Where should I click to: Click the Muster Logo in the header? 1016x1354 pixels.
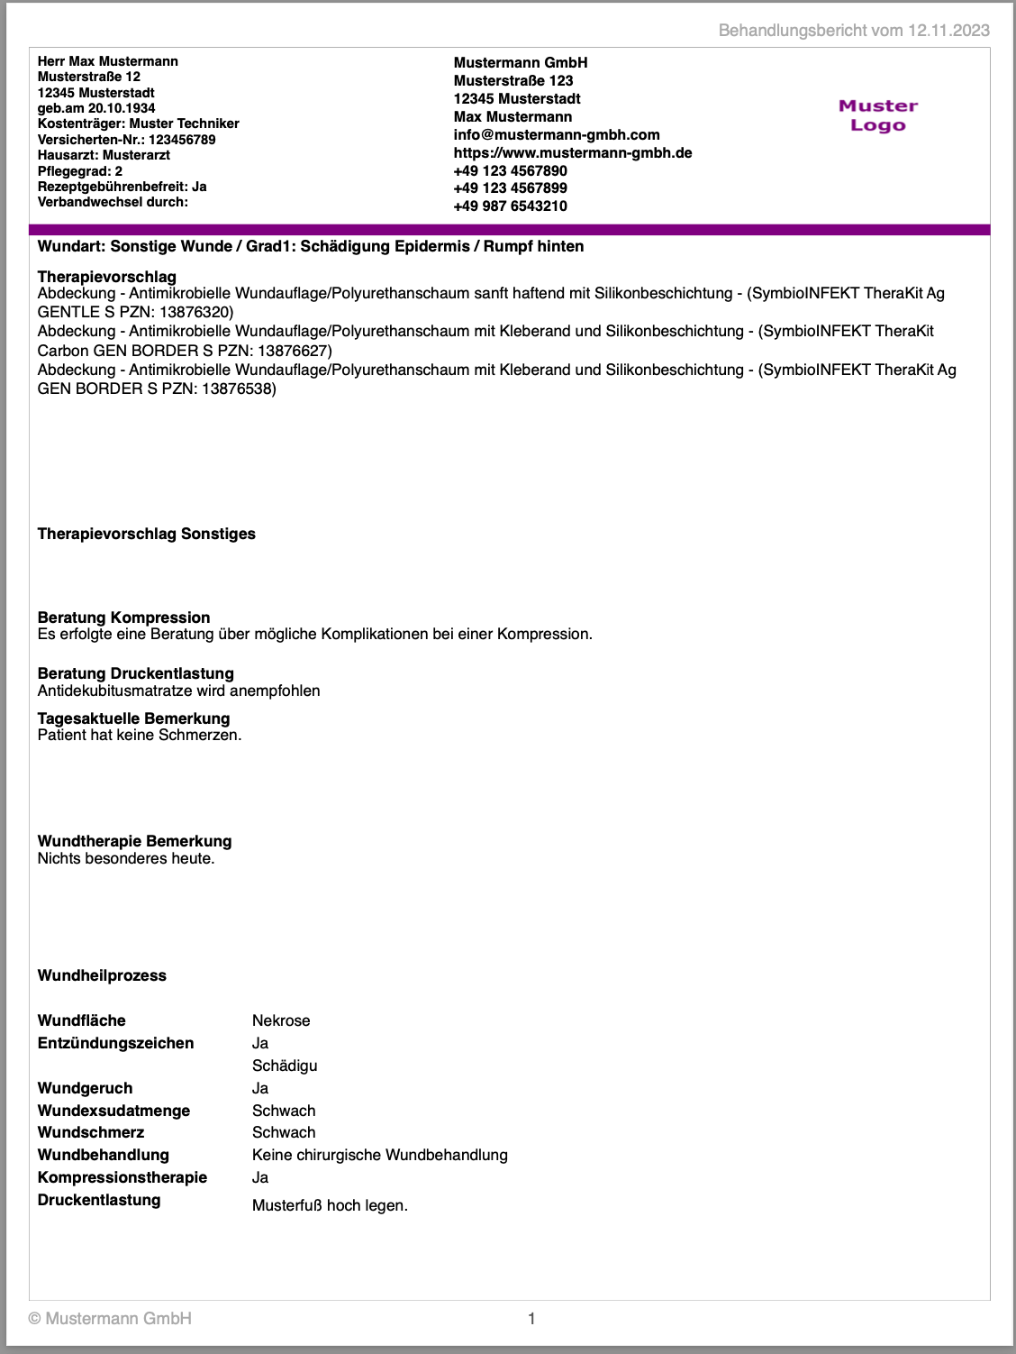877,115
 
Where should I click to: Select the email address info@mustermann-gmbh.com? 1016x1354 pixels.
557,134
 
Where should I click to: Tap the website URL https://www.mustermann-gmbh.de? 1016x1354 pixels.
573,152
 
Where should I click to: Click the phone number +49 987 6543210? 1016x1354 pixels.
510,206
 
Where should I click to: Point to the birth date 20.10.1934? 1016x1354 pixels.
122,108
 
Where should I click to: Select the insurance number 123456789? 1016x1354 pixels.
182,140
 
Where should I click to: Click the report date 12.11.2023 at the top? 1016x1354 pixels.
948,31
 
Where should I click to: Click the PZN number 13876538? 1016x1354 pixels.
239,389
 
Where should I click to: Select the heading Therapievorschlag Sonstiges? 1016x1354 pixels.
146,534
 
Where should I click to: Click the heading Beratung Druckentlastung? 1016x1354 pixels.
135,673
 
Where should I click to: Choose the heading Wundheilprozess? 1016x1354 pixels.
102,975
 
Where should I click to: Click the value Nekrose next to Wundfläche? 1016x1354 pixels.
281,1020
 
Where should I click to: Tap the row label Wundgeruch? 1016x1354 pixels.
85,1088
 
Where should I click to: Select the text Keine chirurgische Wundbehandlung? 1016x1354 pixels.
379,1155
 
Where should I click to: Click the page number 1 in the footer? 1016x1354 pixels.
531,1319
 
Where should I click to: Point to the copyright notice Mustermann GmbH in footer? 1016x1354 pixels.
110,1319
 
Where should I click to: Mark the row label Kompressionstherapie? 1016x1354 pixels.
122,1177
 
